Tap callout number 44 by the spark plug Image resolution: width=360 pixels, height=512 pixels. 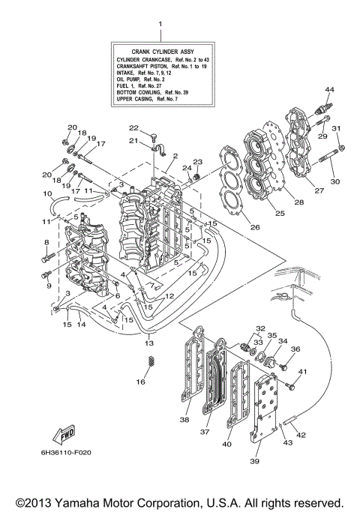[x=328, y=90]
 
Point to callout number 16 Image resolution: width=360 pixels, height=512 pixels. [x=140, y=382]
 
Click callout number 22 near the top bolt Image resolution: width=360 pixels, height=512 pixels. [x=133, y=127]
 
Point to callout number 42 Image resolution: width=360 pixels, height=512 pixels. [x=301, y=435]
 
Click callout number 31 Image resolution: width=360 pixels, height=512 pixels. [x=337, y=127]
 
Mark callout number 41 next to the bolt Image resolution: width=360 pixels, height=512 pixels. [x=304, y=373]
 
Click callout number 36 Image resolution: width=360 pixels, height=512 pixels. [x=295, y=349]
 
